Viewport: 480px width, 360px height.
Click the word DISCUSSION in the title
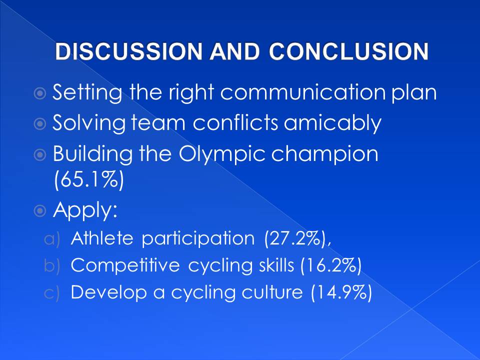tap(128, 51)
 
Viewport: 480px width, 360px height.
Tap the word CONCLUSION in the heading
tap(348, 51)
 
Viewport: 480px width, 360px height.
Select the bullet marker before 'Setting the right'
tap(40, 93)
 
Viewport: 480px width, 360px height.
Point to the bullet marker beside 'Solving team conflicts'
tap(40, 124)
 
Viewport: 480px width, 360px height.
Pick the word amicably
tap(332, 123)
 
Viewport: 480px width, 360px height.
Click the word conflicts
tap(235, 122)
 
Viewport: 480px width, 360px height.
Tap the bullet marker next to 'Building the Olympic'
tap(40, 154)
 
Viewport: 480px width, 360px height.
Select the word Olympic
tap(222, 154)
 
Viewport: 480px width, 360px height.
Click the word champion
tap(325, 154)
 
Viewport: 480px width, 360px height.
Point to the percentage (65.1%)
tap(89, 179)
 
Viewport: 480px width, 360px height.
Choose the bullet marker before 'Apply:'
tap(40, 210)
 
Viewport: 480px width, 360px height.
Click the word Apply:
tap(85, 210)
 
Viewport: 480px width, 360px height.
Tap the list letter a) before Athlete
tap(51, 239)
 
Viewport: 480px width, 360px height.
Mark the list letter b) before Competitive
tap(51, 265)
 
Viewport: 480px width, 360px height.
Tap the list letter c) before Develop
tap(51, 293)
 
